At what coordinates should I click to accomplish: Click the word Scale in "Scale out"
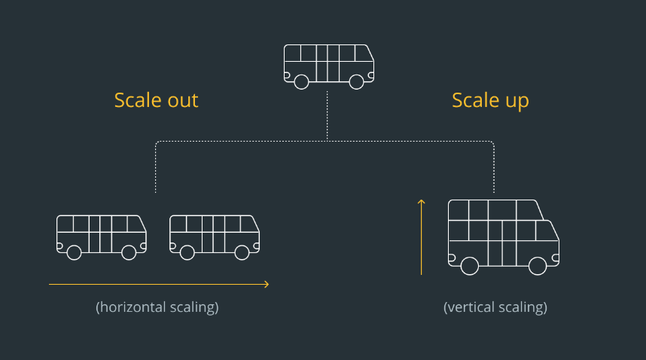tap(139, 100)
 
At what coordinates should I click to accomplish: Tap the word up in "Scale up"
tap(517, 102)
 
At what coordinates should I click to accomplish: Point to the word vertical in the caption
tap(471, 307)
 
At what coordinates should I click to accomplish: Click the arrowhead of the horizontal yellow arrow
tap(267, 284)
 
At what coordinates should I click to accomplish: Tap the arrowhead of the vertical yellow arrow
tap(421, 202)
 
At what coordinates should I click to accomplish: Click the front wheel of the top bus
tap(356, 82)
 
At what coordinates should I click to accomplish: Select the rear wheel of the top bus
tap(301, 82)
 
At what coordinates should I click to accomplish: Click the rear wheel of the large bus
tap(470, 266)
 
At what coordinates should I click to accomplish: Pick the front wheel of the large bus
tap(538, 266)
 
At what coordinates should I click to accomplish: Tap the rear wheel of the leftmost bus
tap(74, 252)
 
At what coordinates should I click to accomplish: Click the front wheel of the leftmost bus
tap(129, 252)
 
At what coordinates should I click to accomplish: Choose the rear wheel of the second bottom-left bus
tap(187, 252)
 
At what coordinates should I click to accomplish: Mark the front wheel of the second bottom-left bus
tap(242, 252)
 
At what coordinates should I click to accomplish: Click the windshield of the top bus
tap(363, 53)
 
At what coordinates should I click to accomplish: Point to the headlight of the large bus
tap(556, 258)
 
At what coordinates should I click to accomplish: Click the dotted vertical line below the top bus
tap(327, 116)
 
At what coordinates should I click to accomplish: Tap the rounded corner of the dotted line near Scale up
tap(492, 143)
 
